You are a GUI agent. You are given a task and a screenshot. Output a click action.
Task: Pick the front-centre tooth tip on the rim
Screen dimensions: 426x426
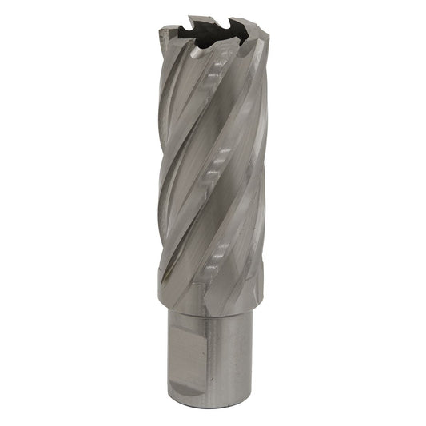[x=209, y=46]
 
